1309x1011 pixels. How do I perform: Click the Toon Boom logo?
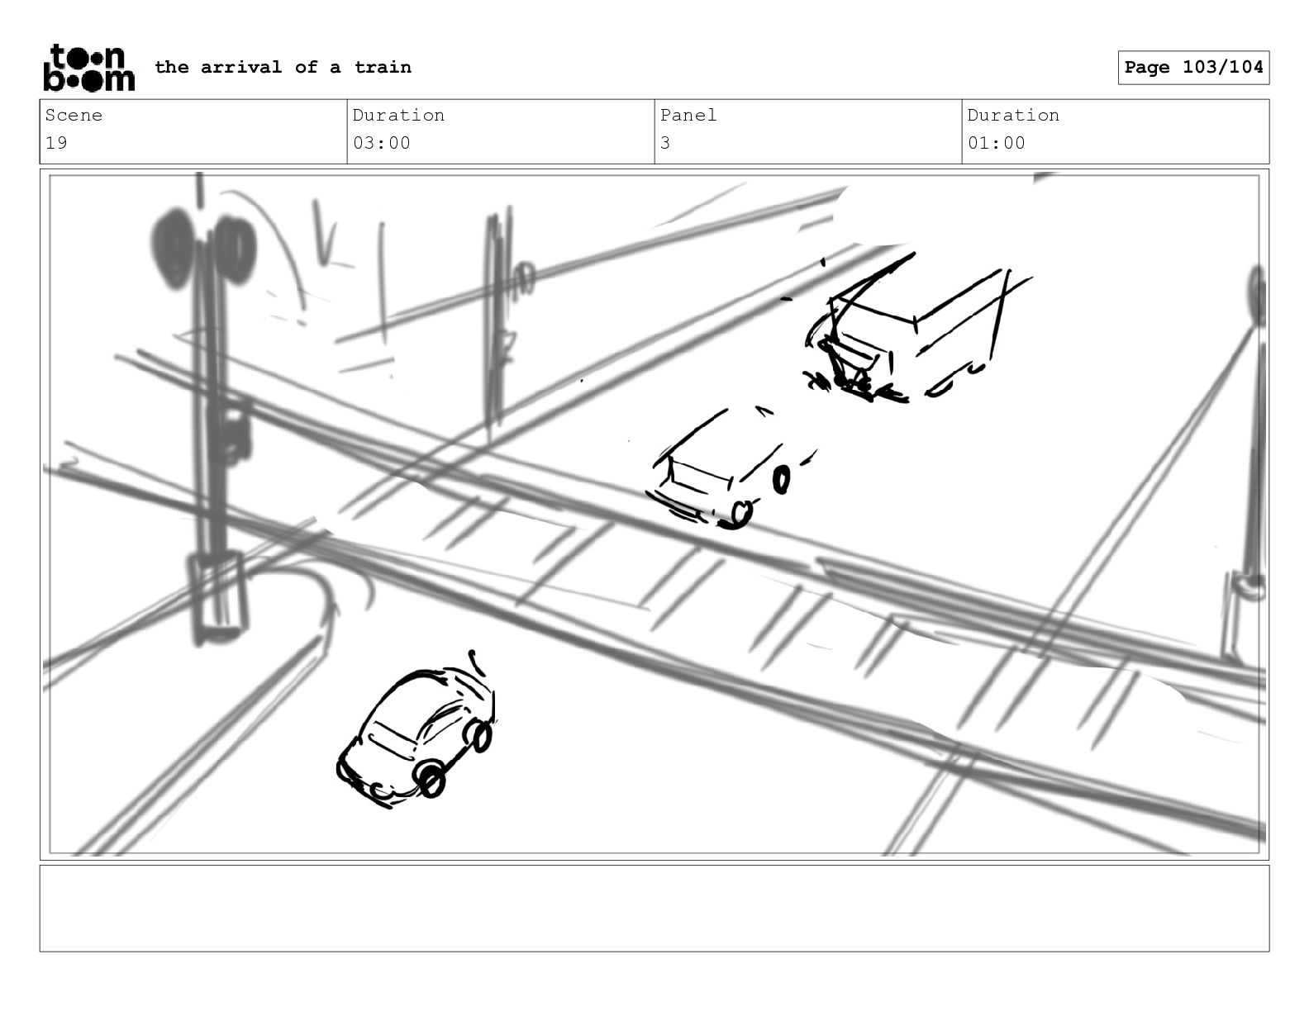click(x=89, y=68)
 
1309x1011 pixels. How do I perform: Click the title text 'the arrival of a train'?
click(x=283, y=67)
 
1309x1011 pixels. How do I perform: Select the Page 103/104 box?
click(x=1193, y=68)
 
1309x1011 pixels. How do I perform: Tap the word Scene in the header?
click(x=74, y=115)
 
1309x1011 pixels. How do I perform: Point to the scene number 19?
click(x=56, y=143)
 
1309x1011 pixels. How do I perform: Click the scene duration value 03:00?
click(x=381, y=143)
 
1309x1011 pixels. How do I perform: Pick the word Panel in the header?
click(x=688, y=115)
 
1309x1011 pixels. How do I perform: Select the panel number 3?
click(x=665, y=143)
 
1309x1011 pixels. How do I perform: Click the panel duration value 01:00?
click(x=997, y=143)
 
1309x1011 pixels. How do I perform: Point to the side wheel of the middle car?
click(x=781, y=480)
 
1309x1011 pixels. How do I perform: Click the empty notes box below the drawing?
click(x=654, y=908)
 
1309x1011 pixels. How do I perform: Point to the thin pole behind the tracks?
click(x=498, y=325)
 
